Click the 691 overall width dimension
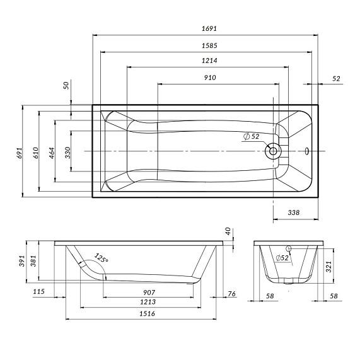click(20, 152)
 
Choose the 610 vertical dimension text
click(36, 152)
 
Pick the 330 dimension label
click(68, 152)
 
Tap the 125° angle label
click(101, 258)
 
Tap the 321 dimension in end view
click(328, 267)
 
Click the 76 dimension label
click(231, 293)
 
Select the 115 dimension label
click(39, 291)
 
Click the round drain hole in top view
click(274, 151)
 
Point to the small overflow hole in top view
click(307, 151)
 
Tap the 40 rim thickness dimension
click(228, 231)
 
